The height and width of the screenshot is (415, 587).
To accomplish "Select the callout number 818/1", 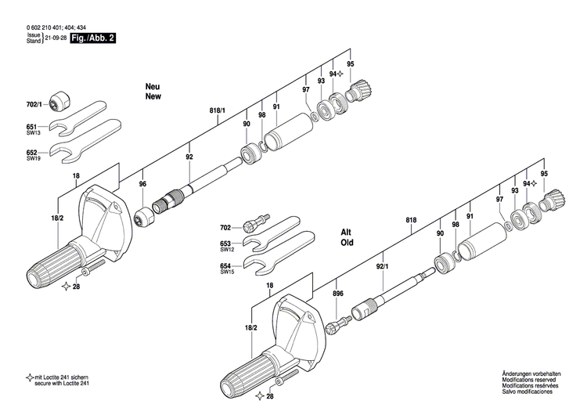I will (217, 111).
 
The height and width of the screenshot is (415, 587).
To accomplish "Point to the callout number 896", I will (337, 294).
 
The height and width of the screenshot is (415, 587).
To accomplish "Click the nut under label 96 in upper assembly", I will (143, 217).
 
